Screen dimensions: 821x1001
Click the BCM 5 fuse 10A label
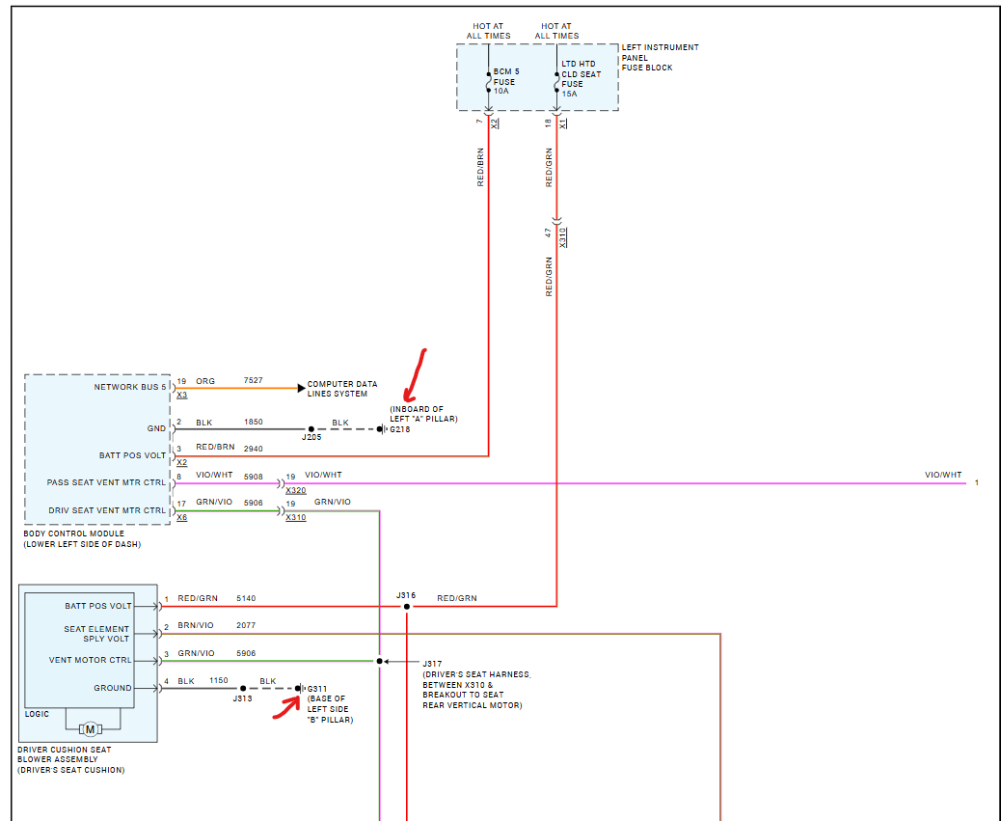point(503,82)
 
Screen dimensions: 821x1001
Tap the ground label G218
point(399,429)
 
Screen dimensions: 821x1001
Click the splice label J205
point(311,438)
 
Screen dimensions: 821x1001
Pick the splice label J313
point(242,698)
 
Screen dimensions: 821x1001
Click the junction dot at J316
point(407,606)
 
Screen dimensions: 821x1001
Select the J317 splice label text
point(431,663)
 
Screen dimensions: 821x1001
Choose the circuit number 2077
point(247,626)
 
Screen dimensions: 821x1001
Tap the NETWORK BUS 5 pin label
point(129,388)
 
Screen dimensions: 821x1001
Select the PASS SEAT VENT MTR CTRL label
point(106,482)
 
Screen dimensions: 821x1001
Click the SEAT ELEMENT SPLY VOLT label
point(96,634)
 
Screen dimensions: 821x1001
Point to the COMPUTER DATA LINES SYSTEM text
point(342,389)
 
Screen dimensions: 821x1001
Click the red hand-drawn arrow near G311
point(284,707)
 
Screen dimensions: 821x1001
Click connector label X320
point(295,490)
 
